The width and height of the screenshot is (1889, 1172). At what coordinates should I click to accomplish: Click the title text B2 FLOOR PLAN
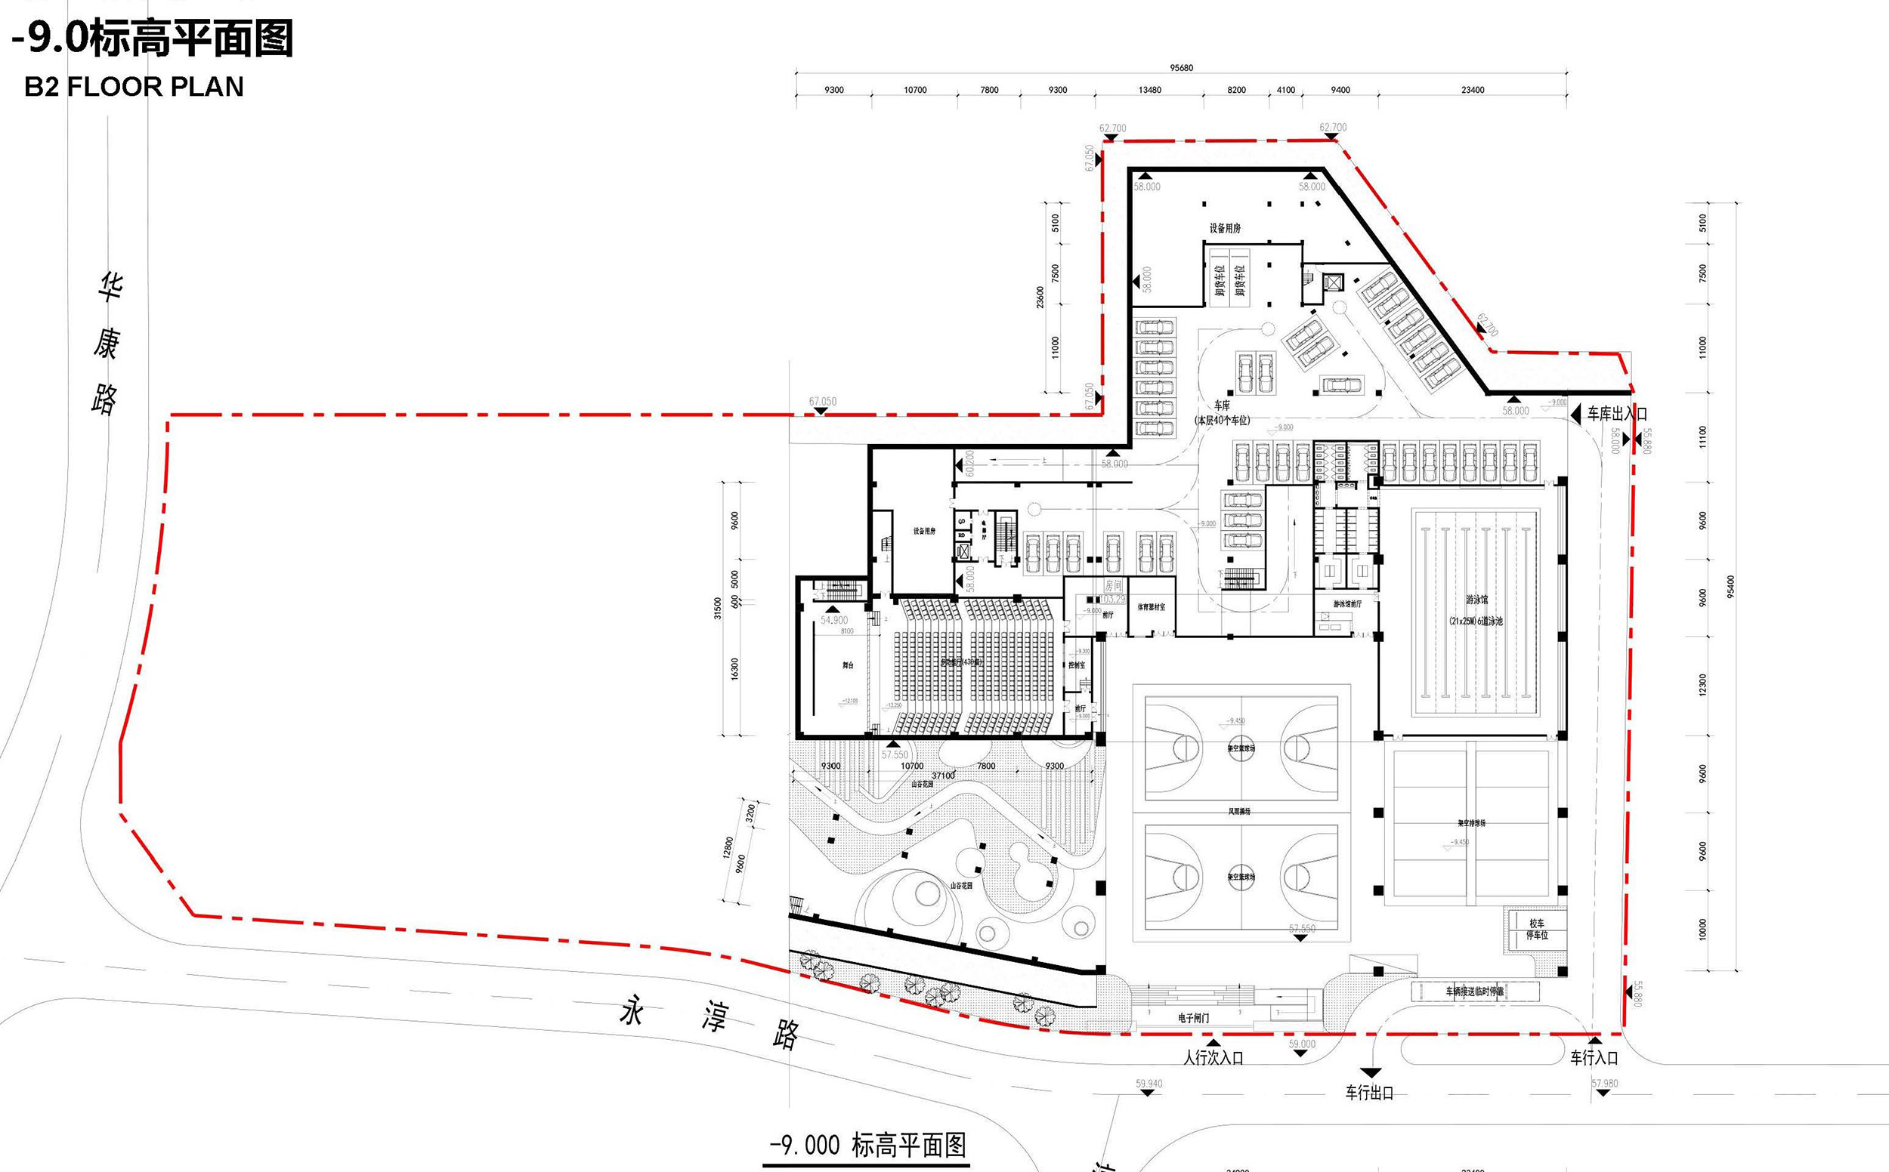134,86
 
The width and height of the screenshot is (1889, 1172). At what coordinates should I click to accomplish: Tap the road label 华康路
107,343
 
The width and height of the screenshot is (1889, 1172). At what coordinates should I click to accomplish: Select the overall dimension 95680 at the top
1181,67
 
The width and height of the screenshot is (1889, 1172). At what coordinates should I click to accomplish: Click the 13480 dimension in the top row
1150,90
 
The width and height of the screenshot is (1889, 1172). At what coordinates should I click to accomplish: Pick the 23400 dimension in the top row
1473,90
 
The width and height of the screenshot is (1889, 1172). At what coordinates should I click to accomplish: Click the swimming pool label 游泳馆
1476,600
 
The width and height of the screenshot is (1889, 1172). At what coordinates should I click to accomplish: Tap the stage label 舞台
848,665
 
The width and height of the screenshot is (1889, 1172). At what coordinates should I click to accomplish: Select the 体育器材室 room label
1151,608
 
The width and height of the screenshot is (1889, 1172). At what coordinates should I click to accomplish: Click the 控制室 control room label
1076,665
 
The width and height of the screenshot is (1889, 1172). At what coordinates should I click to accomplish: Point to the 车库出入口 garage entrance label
1617,414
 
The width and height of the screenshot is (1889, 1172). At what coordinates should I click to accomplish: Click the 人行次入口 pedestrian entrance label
1213,1058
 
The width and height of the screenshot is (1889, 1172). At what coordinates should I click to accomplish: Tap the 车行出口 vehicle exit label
1369,1093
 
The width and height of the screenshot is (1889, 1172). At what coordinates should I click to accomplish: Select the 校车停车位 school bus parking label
1537,930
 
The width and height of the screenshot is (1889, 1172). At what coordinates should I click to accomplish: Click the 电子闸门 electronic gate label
1192,1018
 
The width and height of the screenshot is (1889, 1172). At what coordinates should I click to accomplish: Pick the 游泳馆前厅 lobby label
1347,604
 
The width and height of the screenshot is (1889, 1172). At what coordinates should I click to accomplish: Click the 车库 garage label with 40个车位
1222,412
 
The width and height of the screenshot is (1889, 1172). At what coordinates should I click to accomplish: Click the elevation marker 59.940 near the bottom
1149,1084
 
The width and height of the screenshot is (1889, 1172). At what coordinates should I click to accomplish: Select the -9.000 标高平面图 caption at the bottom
867,1145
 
